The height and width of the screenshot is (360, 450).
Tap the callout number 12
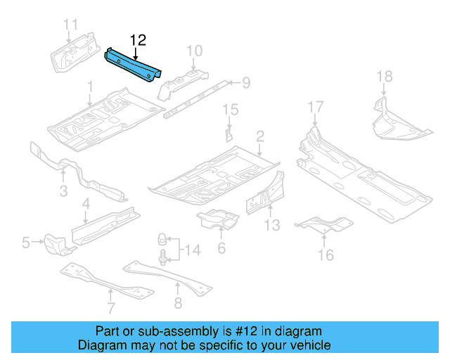click(x=137, y=40)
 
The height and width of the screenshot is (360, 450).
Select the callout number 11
click(x=70, y=26)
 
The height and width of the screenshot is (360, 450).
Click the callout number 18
click(x=384, y=77)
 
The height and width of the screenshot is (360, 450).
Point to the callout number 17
click(x=316, y=107)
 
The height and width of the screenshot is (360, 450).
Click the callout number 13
click(x=272, y=225)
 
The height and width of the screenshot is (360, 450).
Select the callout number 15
click(x=230, y=109)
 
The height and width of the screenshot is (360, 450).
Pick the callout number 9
click(x=245, y=84)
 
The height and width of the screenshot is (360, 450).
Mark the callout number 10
click(x=194, y=50)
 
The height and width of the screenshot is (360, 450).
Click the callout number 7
click(x=110, y=307)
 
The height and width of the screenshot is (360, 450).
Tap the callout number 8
click(x=177, y=303)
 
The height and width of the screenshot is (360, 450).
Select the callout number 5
click(x=26, y=243)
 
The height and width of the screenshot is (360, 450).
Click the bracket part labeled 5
click(x=55, y=244)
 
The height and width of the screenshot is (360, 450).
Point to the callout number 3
click(x=63, y=191)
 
